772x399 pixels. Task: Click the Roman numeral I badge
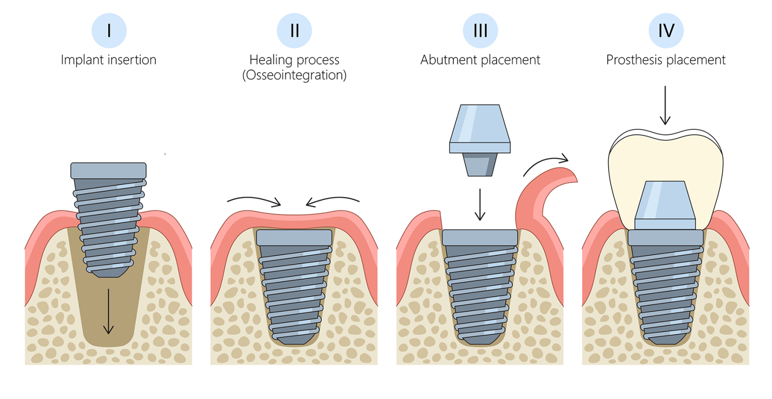(109, 31)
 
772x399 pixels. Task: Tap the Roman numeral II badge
(295, 31)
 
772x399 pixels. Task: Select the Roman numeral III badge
(480, 31)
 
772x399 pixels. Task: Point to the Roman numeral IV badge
(666, 31)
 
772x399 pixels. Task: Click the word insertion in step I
(132, 60)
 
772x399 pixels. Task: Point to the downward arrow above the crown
(665, 105)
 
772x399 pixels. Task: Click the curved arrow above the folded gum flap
(545, 164)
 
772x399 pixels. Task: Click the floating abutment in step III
(480, 136)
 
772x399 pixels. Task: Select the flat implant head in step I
(109, 171)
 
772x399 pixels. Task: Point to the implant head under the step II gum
(294, 237)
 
